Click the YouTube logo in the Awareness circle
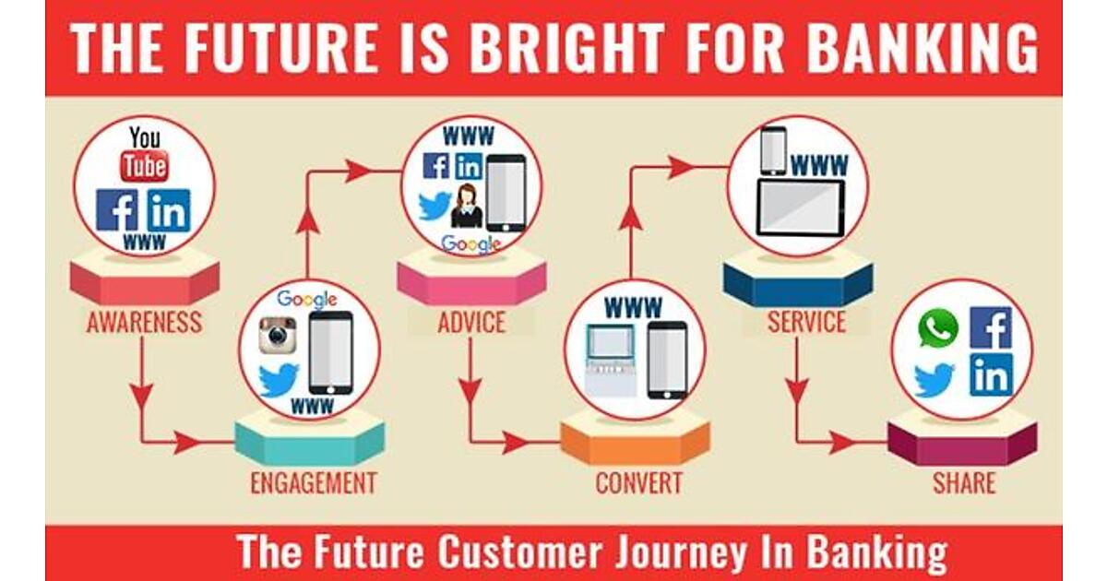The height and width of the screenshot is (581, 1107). click(x=144, y=154)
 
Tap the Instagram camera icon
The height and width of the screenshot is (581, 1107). click(x=278, y=336)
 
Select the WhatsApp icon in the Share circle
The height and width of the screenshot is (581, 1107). click(x=938, y=328)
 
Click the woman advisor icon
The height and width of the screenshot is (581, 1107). click(x=467, y=206)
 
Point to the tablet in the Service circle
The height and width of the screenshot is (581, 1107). click(x=801, y=208)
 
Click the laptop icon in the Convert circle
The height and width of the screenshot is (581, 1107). click(x=611, y=361)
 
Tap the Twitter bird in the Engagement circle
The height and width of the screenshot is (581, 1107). click(x=279, y=380)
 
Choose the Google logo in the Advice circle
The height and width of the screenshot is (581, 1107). click(x=471, y=243)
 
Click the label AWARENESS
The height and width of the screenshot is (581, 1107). click(x=144, y=323)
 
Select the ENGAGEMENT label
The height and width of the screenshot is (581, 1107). click(x=314, y=483)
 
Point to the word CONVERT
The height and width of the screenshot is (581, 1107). click(x=639, y=483)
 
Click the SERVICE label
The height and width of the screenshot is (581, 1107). click(x=806, y=322)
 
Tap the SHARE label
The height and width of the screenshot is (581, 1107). click(x=964, y=483)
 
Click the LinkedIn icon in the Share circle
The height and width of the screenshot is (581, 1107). click(x=992, y=375)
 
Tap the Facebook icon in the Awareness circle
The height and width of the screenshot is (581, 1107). click(x=117, y=210)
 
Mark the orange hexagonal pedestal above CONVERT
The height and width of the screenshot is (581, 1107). click(x=635, y=441)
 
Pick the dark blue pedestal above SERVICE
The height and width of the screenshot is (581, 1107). click(x=798, y=279)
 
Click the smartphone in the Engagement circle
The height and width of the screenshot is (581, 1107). click(x=330, y=352)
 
